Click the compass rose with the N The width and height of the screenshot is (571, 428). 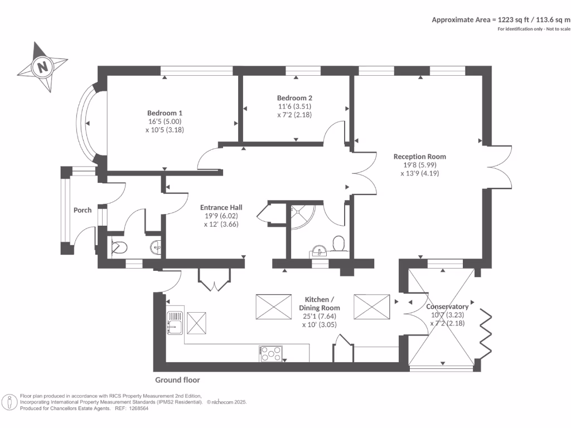coord(42,67)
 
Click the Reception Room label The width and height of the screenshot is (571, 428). coord(419,157)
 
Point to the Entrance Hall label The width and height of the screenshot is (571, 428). coord(221,207)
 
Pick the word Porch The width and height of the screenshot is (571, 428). coord(83,210)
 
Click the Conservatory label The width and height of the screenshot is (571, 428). coord(447,307)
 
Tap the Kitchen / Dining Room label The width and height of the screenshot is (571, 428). coord(320,304)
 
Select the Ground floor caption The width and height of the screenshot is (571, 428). coord(177,380)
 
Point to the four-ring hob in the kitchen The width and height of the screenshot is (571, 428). coord(271,353)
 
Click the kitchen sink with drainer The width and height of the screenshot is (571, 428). coord(175,323)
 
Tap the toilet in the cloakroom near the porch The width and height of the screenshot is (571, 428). coord(119,246)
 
